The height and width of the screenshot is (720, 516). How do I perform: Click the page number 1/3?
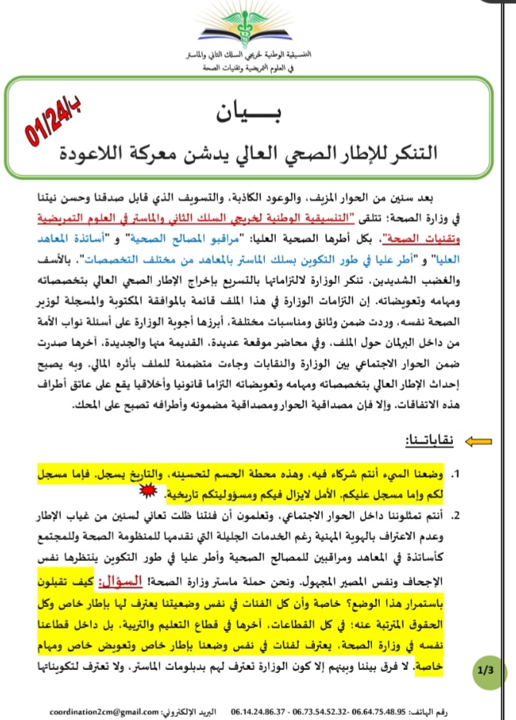pos(485,672)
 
